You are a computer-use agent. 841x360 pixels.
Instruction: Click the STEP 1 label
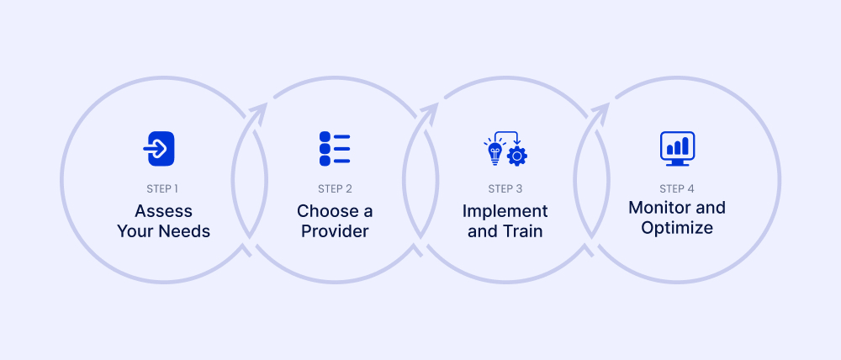[x=163, y=188]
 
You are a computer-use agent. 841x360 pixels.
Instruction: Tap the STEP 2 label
[x=335, y=188]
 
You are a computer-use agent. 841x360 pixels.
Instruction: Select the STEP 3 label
[x=505, y=188]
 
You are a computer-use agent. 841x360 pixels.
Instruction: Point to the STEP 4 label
[x=677, y=188]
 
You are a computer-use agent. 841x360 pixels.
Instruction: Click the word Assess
[x=163, y=210]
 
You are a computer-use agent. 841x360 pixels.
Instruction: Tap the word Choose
[x=323, y=210]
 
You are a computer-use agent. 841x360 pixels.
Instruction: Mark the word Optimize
[x=677, y=227]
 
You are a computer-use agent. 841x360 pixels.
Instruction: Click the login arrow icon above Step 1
[x=160, y=148]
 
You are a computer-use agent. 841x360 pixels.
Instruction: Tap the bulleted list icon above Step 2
[x=335, y=148]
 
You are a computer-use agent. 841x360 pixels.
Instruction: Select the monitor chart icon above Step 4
[x=677, y=148]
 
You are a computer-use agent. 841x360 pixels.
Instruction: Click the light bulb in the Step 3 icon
[x=495, y=152]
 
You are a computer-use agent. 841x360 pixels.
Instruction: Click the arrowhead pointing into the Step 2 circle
[x=259, y=110]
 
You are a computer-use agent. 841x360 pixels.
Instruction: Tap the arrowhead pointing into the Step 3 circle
[x=431, y=110]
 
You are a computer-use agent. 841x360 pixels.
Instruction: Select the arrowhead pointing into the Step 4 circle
[x=601, y=110]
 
